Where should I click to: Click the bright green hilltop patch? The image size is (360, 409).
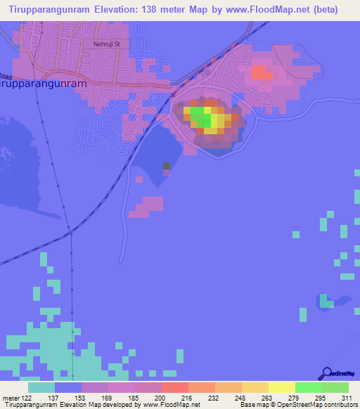tap(200, 112)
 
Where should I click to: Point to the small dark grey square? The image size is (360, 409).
tap(167, 166)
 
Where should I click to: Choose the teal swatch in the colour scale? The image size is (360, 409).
tap(41, 388)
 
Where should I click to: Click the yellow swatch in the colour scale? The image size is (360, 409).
tap(281, 388)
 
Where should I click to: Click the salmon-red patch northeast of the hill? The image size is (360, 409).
tap(261, 72)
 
